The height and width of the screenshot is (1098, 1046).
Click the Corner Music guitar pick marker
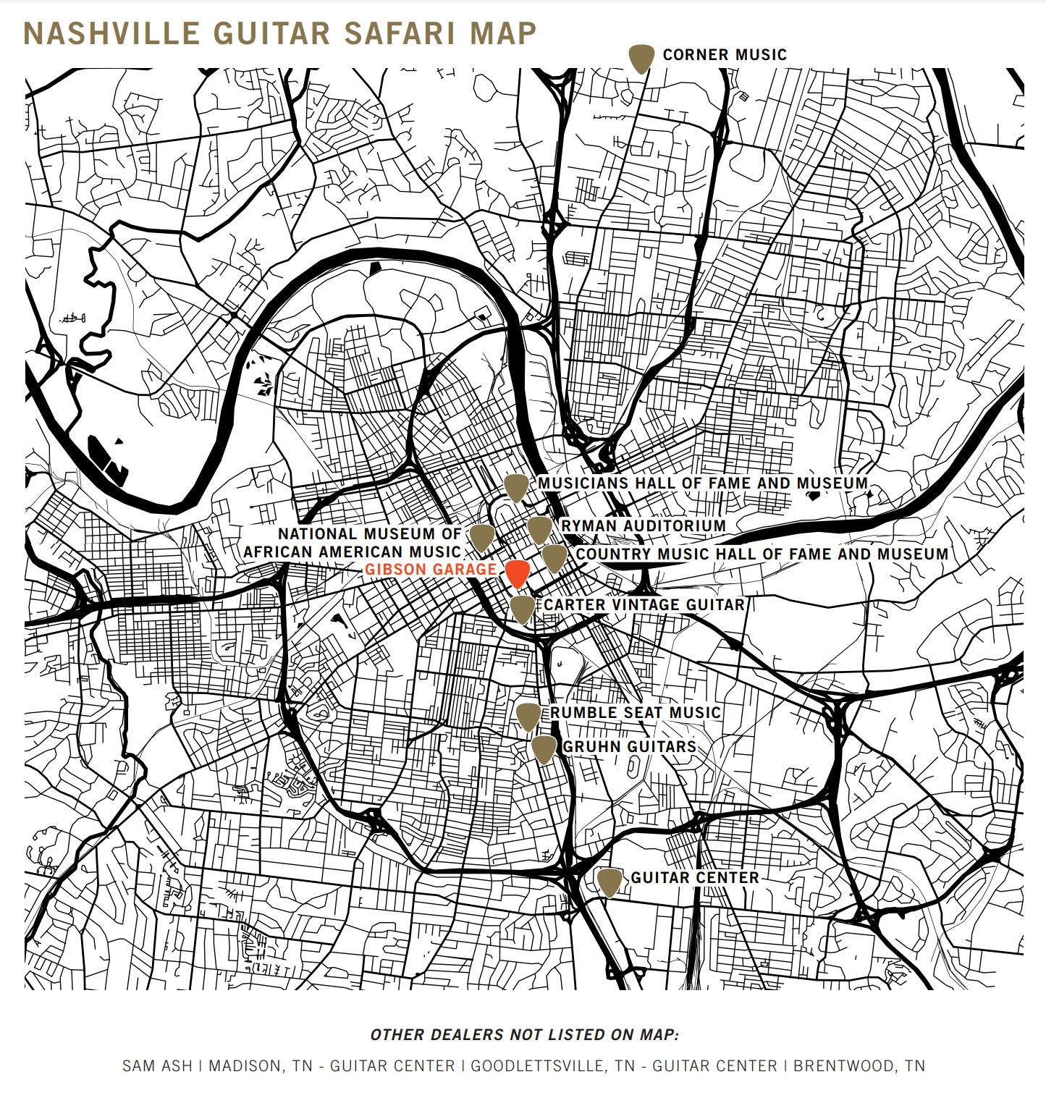641,58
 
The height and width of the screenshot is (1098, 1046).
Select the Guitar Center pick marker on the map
610,882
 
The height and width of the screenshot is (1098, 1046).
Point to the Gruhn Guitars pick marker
544,748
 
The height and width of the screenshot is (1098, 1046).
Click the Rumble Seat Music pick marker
529,716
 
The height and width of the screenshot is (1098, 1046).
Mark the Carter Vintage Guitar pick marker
523,609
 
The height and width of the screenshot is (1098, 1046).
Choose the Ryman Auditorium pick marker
539,529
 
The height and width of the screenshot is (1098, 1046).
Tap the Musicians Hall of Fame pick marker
516,488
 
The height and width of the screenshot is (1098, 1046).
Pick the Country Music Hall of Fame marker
554,558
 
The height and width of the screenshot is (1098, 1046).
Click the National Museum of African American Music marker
482,537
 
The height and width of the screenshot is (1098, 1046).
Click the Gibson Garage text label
431,570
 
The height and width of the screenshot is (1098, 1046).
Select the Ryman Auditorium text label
643,525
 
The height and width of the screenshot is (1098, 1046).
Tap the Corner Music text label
724,54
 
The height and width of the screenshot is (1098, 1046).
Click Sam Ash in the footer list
157,1065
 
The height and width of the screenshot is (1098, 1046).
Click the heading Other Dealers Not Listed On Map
524,1034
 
